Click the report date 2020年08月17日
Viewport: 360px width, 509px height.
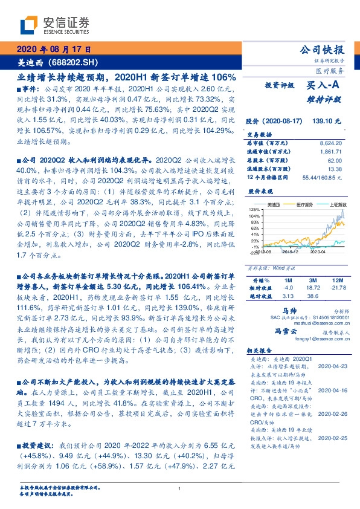pos(53,49)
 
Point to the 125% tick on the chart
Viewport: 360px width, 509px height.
pos(253,209)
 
